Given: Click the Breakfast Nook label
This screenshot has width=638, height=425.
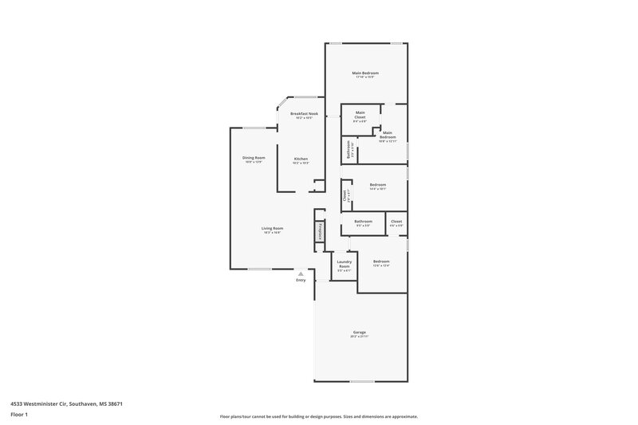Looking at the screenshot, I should tap(304, 114).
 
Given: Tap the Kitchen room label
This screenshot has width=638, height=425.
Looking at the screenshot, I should tap(301, 158).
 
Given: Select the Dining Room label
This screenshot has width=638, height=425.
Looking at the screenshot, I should tap(254, 158).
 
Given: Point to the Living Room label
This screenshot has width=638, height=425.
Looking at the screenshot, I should tap(273, 228).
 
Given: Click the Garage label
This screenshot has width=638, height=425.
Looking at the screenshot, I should tap(360, 332).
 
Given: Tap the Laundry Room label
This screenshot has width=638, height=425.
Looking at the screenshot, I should tap(345, 263).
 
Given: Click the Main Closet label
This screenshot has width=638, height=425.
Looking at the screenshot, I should tap(360, 114).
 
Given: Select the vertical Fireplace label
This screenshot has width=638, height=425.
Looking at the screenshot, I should tap(319, 230).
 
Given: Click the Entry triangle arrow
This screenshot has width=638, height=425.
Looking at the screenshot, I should tap(301, 273).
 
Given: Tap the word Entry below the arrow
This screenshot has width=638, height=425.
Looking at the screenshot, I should tap(301, 281).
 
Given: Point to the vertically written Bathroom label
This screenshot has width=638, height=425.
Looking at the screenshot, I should tap(348, 150).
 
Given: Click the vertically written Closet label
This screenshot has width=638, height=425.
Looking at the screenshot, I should tap(344, 194).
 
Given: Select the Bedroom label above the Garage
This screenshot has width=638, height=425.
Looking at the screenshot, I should tap(381, 262).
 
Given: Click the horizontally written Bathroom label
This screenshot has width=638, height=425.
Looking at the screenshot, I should tap(364, 221).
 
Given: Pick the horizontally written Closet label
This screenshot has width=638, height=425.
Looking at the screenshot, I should tap(396, 221).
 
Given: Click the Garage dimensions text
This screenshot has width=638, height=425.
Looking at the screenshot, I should tap(360, 336).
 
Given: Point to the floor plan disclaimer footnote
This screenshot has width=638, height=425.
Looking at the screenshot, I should tap(318, 416).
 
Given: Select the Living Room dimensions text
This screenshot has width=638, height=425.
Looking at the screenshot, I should tap(273, 233).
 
